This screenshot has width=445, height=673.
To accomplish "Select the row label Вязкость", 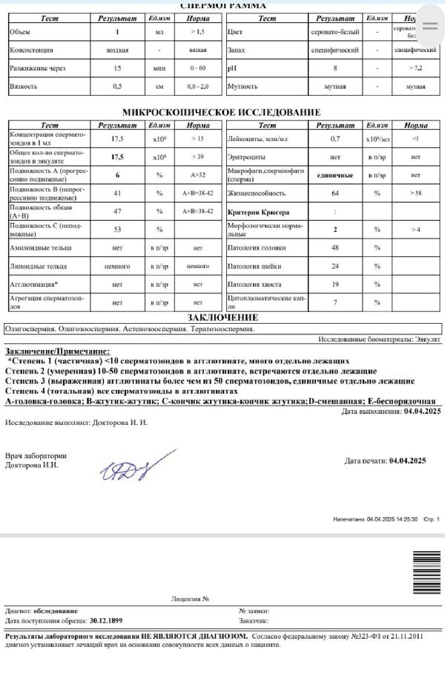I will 24,86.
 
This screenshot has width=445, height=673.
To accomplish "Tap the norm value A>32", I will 197,175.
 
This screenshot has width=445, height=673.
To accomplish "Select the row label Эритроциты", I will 246,157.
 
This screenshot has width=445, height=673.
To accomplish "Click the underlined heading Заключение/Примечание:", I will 57,351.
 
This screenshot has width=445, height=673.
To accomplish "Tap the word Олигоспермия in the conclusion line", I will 30,328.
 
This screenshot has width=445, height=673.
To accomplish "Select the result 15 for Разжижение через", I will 117,68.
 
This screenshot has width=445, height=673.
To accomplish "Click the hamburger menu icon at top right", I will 429,25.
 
